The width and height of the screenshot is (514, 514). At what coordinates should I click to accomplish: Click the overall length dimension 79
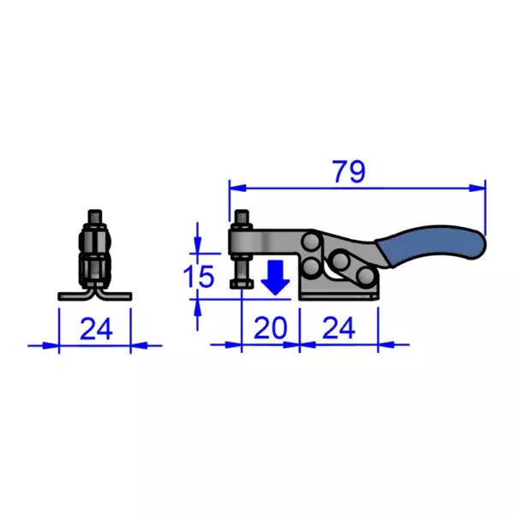(x=350, y=171)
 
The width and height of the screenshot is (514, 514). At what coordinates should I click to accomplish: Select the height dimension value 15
(x=200, y=277)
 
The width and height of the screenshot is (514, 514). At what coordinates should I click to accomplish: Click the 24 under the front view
(x=95, y=327)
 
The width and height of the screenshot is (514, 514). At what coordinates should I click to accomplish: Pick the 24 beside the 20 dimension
(x=340, y=327)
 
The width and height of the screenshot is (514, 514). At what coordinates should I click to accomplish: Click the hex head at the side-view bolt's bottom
(x=240, y=284)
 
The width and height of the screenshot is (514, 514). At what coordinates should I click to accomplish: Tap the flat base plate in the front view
(x=94, y=296)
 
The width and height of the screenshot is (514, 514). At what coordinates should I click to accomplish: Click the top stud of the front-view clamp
(x=95, y=214)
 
